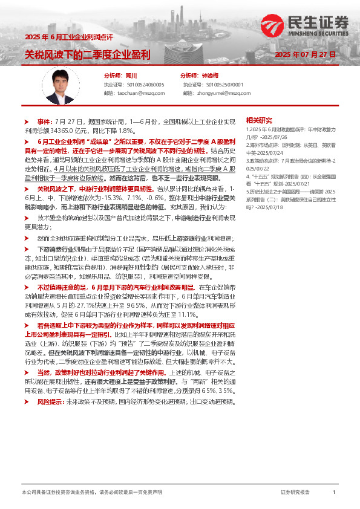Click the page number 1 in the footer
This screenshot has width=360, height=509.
(x=333, y=493)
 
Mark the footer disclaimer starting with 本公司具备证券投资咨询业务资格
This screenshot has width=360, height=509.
(x=91, y=493)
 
